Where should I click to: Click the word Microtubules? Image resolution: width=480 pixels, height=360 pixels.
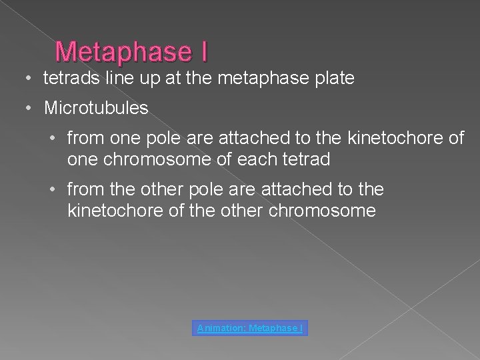coord(96,107)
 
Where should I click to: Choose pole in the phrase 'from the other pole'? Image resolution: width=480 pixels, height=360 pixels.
coord(205,190)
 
